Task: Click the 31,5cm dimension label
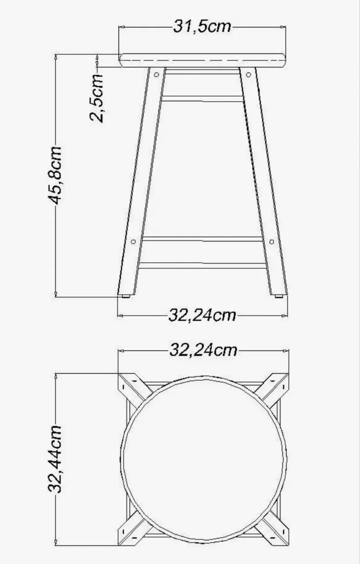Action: (x=202, y=27)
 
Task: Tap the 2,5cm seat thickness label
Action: (x=97, y=98)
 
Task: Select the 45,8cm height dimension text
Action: (x=55, y=175)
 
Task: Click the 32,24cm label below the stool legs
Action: (x=202, y=315)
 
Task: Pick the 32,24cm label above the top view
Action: (x=203, y=350)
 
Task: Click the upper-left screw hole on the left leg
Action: (x=156, y=74)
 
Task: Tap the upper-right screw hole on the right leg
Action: (x=249, y=74)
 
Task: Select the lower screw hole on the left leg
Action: (x=134, y=242)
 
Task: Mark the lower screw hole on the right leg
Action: (x=271, y=242)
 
